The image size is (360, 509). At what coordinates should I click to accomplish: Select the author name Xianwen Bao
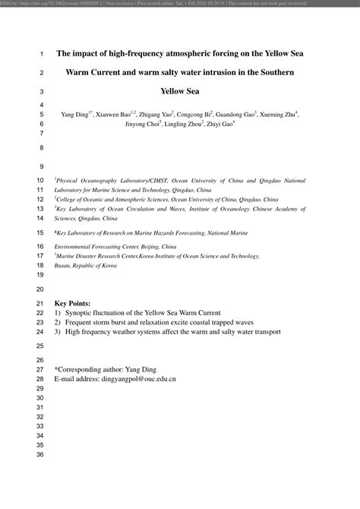pos(115,115)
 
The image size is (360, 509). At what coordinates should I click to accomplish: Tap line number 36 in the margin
pos(40,455)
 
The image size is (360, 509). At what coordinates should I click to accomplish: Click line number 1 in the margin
pos(40,55)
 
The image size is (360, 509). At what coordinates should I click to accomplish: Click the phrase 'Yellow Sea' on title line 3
pos(180,90)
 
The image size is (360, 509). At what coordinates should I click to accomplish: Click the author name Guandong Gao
pos(235,115)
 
